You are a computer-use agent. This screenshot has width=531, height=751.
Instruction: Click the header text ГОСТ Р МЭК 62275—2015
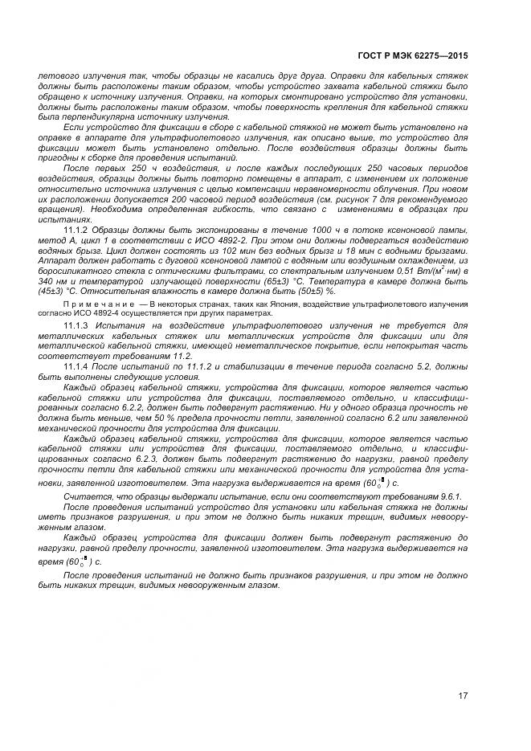point(411,56)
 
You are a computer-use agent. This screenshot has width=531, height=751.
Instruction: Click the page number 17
point(462,695)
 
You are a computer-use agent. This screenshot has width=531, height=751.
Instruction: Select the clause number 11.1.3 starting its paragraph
point(76,324)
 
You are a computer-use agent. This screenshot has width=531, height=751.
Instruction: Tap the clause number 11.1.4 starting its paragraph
point(76,366)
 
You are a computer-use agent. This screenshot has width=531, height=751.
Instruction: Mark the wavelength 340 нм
point(51,283)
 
